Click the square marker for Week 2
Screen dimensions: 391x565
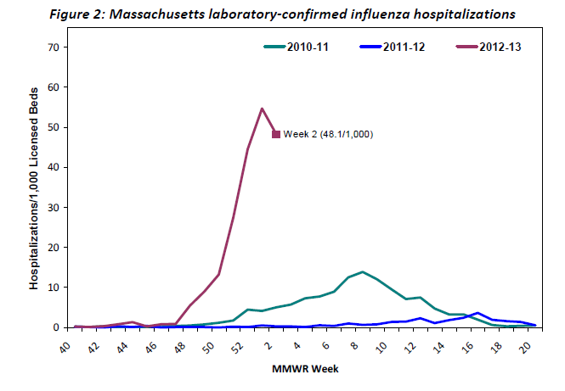[x=275, y=134]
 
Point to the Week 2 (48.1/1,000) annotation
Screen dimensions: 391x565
[x=329, y=134]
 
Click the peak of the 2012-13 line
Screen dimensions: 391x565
[x=262, y=109]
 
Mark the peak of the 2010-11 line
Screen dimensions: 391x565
[x=363, y=272]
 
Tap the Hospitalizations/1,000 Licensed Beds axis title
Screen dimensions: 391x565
[x=35, y=187]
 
